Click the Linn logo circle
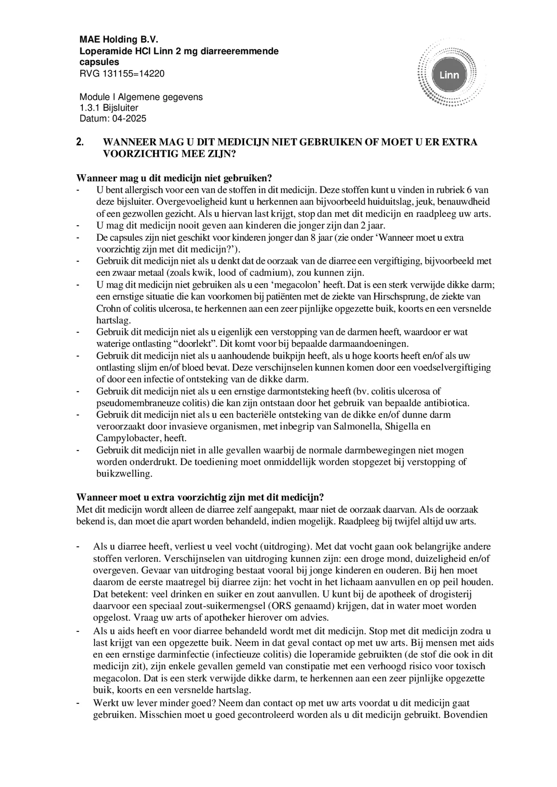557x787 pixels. [449, 75]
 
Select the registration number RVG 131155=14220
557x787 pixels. [122, 73]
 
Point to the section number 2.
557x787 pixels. [79, 142]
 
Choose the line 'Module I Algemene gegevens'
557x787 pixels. [141, 97]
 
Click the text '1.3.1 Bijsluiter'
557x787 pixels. [109, 108]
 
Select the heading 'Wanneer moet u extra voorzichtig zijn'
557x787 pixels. [200, 497]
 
